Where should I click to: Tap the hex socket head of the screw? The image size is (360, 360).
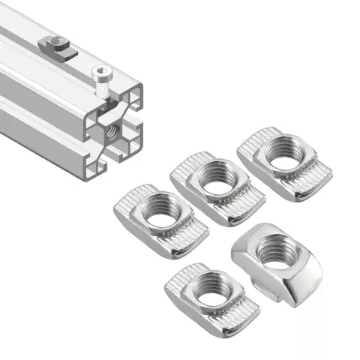coord(100,73)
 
